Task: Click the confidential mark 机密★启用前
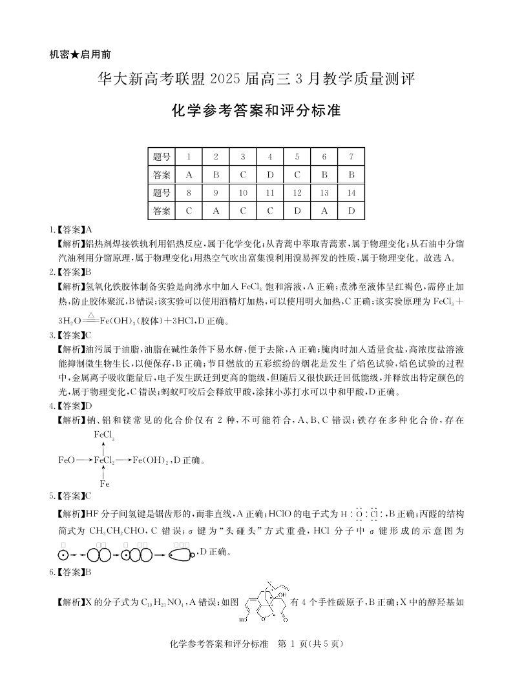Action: tap(84, 55)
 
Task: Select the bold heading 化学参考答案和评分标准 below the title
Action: tap(256, 110)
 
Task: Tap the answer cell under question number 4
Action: tap(270, 174)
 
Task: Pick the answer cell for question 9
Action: tap(216, 210)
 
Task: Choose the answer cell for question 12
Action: tap(297, 210)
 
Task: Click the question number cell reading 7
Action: tap(351, 156)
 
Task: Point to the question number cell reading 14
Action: tap(351, 192)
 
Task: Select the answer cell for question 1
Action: tap(189, 174)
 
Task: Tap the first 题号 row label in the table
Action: tap(162, 156)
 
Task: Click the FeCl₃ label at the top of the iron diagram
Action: tap(104, 435)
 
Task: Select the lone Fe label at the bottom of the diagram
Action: tap(104, 484)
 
